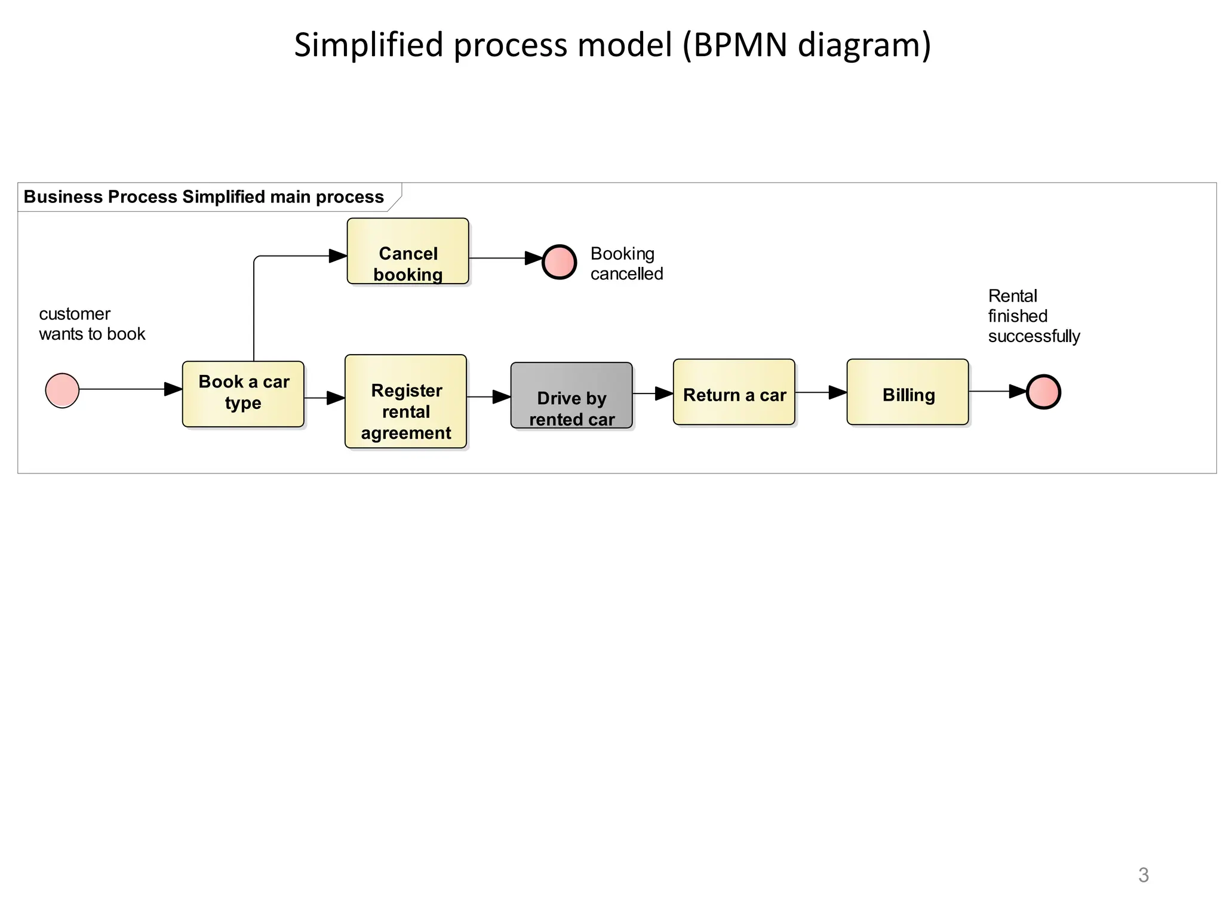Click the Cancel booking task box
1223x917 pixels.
point(408,251)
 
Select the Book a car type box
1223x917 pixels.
point(243,393)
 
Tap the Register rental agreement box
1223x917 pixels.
point(405,401)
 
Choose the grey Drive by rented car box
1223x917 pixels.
point(571,395)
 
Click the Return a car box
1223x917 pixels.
point(734,392)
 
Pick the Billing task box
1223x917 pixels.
point(907,392)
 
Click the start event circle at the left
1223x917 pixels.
point(62,390)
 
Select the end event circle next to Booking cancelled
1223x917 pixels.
point(559,262)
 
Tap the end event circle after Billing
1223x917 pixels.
point(1043,392)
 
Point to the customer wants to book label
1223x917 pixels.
point(91,324)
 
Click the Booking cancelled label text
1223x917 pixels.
point(626,263)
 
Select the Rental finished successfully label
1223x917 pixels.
point(1033,316)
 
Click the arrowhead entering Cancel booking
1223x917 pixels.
point(338,256)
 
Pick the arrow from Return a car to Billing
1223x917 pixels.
point(821,392)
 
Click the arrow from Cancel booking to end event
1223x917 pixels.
point(505,258)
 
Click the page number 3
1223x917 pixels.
point(1143,875)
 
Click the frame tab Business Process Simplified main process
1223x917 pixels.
point(204,197)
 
